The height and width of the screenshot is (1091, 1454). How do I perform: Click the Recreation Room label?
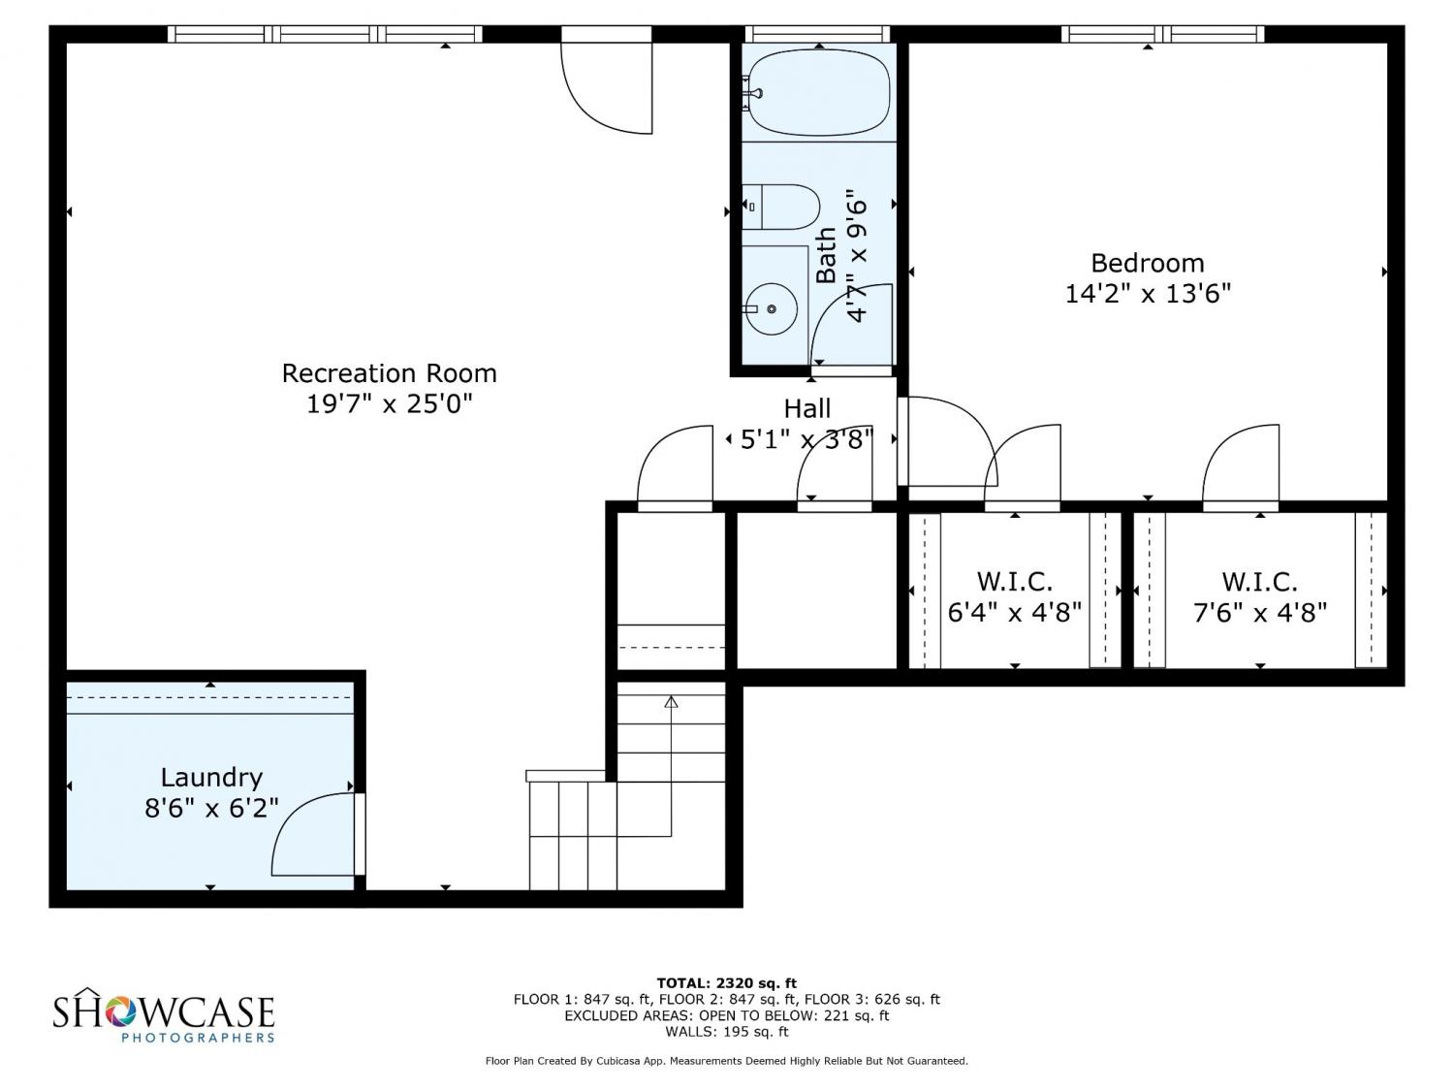click(x=389, y=373)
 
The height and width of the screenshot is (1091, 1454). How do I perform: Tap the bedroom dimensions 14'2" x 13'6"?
click(x=1148, y=293)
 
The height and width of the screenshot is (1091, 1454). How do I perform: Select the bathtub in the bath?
click(x=818, y=93)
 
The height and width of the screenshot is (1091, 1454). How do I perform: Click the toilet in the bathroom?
click(x=780, y=207)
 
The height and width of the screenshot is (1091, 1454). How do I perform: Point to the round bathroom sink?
click(x=771, y=308)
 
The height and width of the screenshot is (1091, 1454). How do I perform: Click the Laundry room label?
click(x=211, y=777)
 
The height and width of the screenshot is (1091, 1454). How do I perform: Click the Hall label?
click(x=806, y=408)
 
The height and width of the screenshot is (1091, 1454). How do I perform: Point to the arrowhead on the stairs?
click(x=671, y=701)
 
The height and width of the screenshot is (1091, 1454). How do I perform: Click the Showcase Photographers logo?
click(x=164, y=1014)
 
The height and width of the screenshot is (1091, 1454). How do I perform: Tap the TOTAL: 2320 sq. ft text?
click(x=727, y=983)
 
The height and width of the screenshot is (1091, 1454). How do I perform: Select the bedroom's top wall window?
click(x=1162, y=34)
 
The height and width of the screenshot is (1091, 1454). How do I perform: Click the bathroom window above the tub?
click(x=817, y=34)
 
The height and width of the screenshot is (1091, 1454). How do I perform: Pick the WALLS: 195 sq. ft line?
click(x=727, y=1032)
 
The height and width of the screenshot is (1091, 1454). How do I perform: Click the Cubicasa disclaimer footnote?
click(x=727, y=1061)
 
